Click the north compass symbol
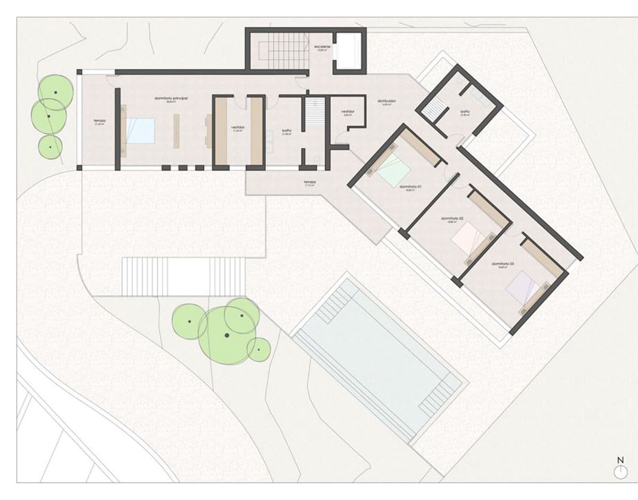point(619,470)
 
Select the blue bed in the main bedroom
point(140,131)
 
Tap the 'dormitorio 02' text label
point(452,219)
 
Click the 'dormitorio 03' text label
point(502,264)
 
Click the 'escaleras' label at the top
point(322,47)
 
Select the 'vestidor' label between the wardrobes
point(238,128)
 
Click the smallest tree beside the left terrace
point(50,147)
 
